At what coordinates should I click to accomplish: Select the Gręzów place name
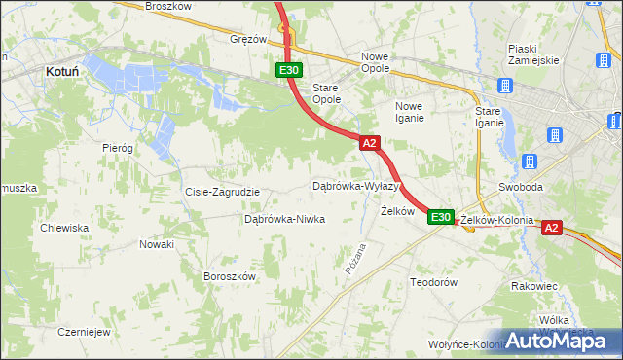point(248,40)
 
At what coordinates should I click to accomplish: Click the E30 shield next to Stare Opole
point(289,70)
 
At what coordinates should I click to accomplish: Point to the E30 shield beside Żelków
point(440,217)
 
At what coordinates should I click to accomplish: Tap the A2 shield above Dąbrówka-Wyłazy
point(369,143)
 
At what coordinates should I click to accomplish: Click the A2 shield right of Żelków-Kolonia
point(551,228)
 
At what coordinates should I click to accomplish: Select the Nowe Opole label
point(375,62)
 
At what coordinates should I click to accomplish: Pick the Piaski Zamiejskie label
point(533,54)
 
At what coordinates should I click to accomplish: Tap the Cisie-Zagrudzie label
point(222,192)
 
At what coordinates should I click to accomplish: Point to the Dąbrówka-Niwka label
point(284,220)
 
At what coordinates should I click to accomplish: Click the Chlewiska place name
point(64,228)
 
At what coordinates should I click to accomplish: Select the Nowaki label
point(156,244)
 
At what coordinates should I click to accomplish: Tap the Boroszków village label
point(229,276)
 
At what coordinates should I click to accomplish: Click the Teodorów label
point(433,281)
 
